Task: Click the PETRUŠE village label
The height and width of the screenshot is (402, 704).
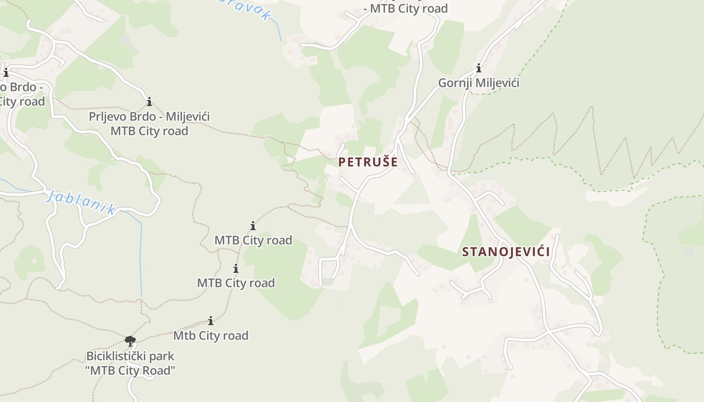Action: click(x=368, y=162)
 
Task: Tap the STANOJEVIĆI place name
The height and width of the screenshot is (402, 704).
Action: click(x=505, y=252)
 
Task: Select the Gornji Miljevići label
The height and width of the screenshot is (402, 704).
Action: click(x=478, y=83)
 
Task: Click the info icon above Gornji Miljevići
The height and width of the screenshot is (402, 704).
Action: click(x=479, y=68)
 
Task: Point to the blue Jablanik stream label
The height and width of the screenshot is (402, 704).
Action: click(x=81, y=202)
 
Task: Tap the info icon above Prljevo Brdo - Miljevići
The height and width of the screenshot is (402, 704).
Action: click(x=149, y=102)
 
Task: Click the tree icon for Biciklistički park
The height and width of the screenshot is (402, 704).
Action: click(x=130, y=341)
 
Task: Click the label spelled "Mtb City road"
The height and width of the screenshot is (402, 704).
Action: click(x=211, y=335)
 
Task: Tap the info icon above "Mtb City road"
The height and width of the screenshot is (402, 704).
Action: click(x=211, y=321)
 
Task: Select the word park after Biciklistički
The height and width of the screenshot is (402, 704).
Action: click(x=163, y=356)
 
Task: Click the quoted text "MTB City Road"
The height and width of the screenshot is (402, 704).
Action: click(x=130, y=371)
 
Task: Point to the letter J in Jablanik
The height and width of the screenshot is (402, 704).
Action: click(x=50, y=195)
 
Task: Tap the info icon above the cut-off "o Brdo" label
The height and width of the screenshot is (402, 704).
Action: click(x=6, y=73)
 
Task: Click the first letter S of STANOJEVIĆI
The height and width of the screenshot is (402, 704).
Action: click(x=466, y=252)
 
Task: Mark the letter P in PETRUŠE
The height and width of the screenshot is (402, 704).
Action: click(x=342, y=162)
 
